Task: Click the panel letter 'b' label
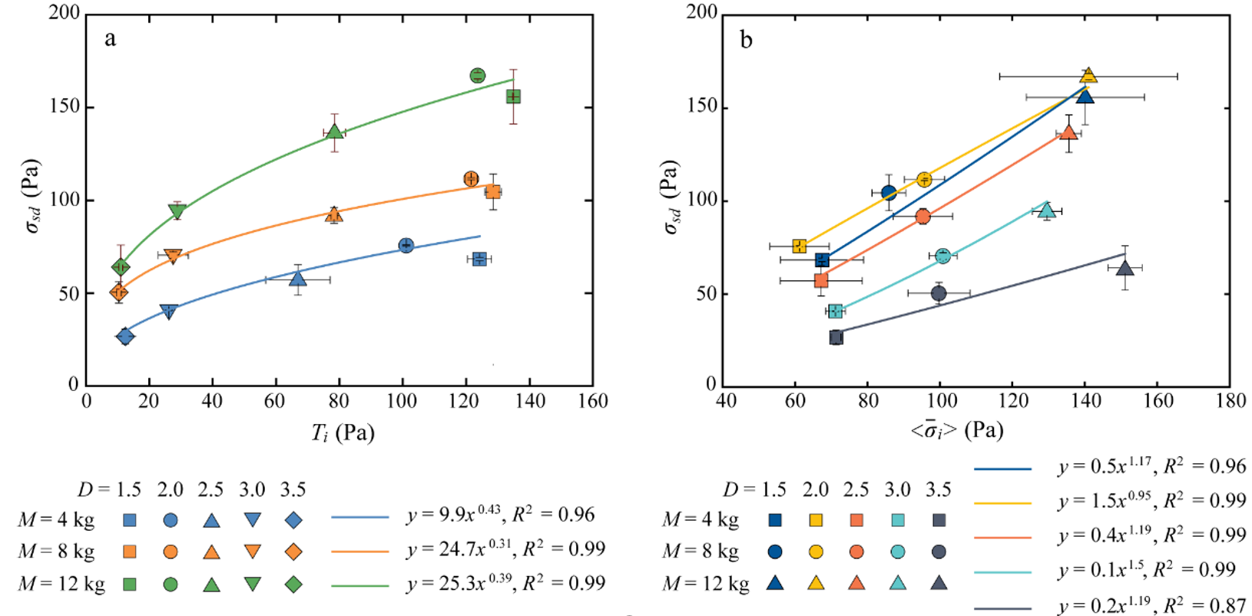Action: [746, 40]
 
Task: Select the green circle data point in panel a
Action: [478, 75]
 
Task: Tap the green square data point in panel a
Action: [513, 97]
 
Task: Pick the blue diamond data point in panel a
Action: [125, 336]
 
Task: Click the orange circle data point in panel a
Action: [472, 179]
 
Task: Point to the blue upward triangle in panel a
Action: [298, 279]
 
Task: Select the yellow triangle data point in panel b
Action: [1088, 75]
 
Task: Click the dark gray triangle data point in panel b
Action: [1125, 268]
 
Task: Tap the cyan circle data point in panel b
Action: [943, 256]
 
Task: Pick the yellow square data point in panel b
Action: [800, 247]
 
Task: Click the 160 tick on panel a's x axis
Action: [592, 401]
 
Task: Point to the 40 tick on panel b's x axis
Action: [725, 401]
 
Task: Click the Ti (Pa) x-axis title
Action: [343, 432]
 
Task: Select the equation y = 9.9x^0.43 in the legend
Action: [500, 515]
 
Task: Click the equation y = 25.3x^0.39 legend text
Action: [505, 583]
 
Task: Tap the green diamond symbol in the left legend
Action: [293, 585]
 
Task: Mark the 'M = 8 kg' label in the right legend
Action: [701, 551]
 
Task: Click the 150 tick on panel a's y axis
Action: [65, 107]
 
